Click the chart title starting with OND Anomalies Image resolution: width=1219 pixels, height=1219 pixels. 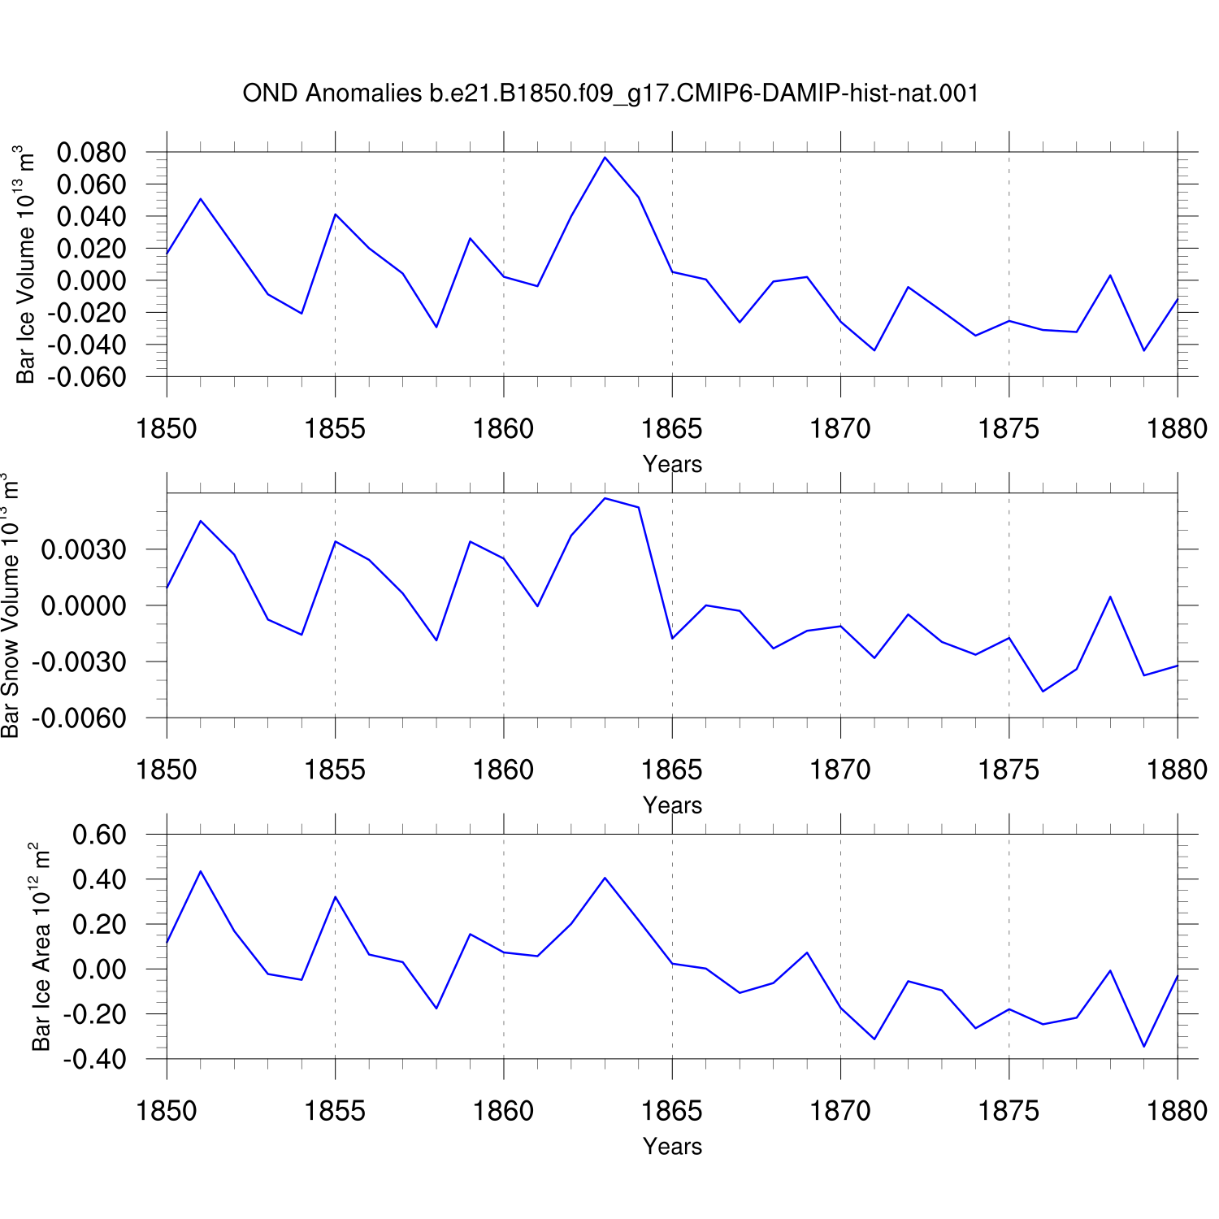(610, 93)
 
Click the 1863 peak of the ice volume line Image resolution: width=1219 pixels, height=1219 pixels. (605, 157)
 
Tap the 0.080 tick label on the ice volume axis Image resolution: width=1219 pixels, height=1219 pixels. (91, 152)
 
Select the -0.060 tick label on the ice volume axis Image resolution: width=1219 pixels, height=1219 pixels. (86, 377)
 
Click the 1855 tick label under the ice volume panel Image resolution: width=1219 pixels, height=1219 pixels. (335, 428)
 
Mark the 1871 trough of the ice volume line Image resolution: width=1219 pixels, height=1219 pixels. (874, 350)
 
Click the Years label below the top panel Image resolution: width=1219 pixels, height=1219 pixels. (672, 464)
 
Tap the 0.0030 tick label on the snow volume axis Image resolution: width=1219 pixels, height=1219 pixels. (84, 549)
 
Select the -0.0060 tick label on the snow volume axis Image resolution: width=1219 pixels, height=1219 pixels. (79, 718)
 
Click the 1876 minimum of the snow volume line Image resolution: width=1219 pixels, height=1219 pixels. (1043, 692)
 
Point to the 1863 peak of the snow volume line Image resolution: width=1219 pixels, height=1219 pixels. (605, 498)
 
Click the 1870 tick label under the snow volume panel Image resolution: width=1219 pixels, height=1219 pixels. (840, 770)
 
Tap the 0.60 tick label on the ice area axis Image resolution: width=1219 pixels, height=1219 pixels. (99, 835)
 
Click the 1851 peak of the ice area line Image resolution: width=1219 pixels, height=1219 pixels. (200, 871)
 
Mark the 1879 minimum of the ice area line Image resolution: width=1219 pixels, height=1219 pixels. (1144, 1047)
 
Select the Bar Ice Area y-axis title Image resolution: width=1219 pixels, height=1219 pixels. (41, 947)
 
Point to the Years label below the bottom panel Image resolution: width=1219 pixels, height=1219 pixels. (672, 1147)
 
